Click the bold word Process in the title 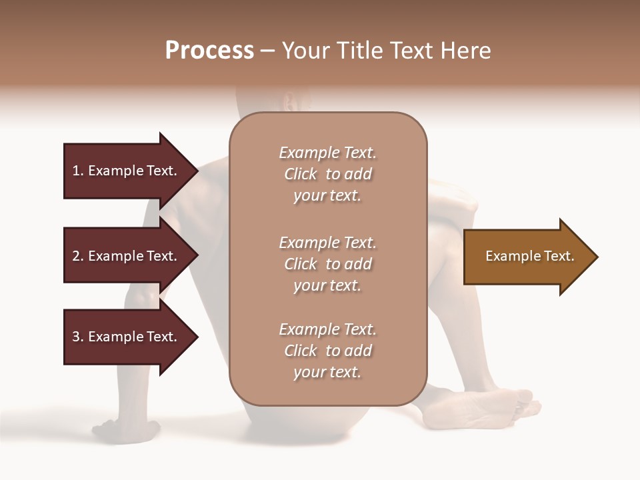click(209, 50)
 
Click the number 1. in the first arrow click(78, 171)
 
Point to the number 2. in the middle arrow click(78, 256)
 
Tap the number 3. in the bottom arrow click(78, 337)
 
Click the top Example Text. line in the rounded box click(327, 153)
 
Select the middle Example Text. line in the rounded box click(327, 243)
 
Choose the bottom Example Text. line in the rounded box click(327, 329)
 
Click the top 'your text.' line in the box click(327, 196)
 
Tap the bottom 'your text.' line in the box click(327, 373)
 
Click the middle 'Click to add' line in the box click(327, 264)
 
